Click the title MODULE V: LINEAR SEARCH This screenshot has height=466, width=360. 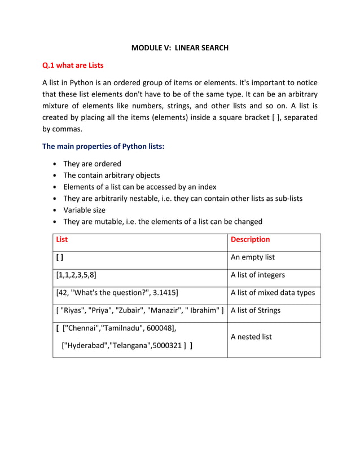click(179, 48)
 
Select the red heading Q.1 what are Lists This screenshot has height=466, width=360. click(73, 65)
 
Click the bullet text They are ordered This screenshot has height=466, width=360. click(92, 164)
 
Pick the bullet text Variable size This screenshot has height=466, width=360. click(84, 210)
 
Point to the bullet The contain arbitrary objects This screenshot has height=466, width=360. click(111, 175)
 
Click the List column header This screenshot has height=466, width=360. click(62, 239)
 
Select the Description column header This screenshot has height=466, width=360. click(251, 239)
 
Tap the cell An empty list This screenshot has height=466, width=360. click(253, 257)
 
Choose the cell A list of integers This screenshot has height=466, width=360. click(258, 275)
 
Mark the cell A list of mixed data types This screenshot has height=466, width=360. click(273, 292)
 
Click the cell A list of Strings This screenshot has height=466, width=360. click(256, 310)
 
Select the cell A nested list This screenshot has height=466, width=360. click(252, 337)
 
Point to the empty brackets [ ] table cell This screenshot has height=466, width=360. click(60, 257)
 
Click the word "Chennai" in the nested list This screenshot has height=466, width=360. click(81, 328)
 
